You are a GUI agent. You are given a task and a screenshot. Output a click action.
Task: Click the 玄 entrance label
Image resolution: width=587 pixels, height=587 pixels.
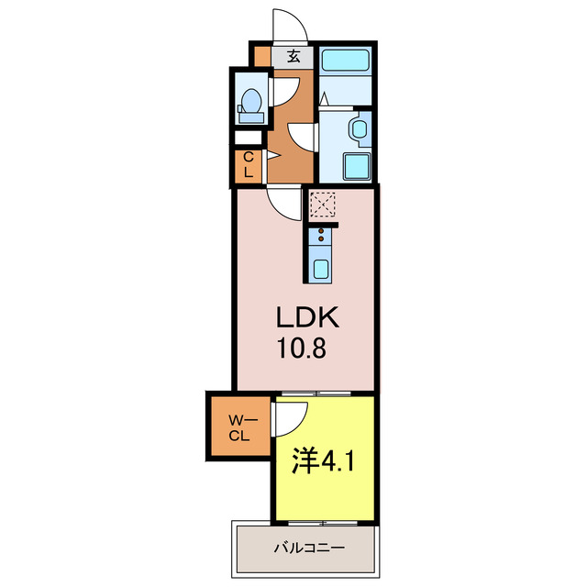pyautogui.click(x=293, y=56)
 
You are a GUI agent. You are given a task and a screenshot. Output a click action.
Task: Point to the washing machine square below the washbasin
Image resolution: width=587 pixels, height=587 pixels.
pyautogui.click(x=356, y=166)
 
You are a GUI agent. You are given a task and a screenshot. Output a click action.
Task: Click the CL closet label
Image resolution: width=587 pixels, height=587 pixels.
pyautogui.click(x=248, y=166)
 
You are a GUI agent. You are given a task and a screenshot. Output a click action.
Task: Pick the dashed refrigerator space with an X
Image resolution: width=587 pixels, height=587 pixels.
pyautogui.click(x=323, y=204)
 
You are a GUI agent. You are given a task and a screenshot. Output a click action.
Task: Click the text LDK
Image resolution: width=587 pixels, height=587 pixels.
pyautogui.click(x=310, y=318)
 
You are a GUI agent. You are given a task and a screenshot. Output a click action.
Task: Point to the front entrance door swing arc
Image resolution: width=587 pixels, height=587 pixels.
pyautogui.click(x=288, y=25)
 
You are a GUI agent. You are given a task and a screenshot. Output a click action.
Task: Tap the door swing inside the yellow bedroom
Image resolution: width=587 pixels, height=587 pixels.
pyautogui.click(x=288, y=418)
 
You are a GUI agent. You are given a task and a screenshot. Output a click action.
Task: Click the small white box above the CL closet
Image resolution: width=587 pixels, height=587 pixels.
pyautogui.click(x=248, y=138)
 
